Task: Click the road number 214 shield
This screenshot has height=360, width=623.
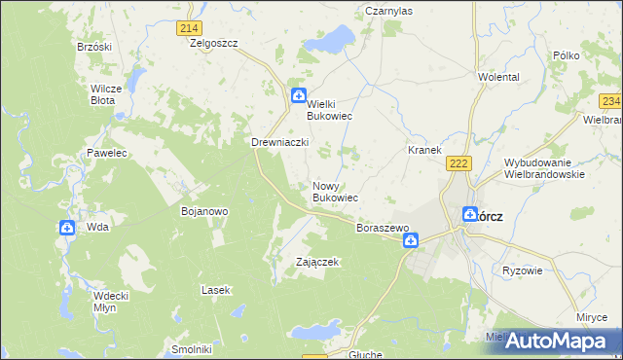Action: tap(189, 29)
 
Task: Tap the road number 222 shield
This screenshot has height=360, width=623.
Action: tap(460, 163)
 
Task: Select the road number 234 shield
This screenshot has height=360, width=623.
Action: tap(610, 101)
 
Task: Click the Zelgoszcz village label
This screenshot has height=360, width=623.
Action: tap(215, 44)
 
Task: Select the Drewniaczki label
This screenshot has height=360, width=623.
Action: tap(280, 142)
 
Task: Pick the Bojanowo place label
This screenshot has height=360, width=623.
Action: tap(204, 210)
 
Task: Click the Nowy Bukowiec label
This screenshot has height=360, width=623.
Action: tap(335, 192)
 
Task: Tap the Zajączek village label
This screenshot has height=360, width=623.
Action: tap(317, 262)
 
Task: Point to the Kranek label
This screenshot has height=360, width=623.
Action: tap(425, 151)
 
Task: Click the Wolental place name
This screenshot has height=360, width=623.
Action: tap(498, 77)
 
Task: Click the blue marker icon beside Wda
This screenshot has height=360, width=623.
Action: tap(67, 228)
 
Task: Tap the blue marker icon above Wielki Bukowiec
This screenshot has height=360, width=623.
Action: tap(299, 94)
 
